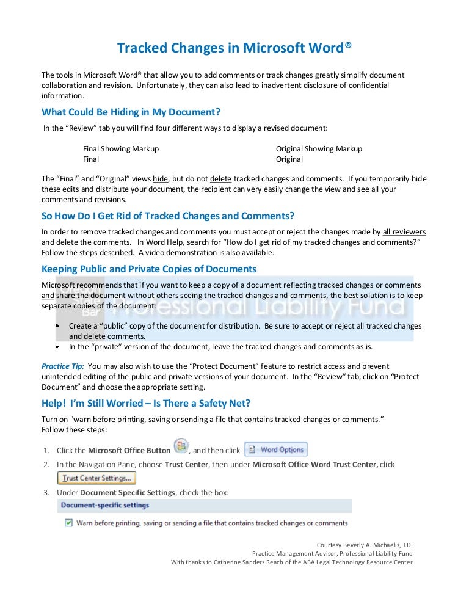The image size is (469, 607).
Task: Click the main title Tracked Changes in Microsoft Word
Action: (x=234, y=48)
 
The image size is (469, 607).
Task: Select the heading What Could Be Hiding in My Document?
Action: (x=131, y=112)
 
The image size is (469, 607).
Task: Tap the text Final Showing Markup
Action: (x=121, y=148)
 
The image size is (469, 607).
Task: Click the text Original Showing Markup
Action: (x=319, y=148)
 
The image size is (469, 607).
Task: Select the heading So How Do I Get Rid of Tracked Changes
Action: (x=168, y=216)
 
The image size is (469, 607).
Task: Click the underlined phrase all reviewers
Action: (x=404, y=232)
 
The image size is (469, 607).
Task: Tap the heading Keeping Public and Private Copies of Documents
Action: (x=148, y=269)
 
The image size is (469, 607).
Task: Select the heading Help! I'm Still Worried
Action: (x=146, y=403)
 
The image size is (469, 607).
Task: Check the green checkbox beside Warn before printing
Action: (x=68, y=523)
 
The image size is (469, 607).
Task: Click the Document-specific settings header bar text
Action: (x=104, y=505)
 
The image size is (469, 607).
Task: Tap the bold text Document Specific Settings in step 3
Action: (x=125, y=492)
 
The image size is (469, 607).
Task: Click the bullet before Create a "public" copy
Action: (x=57, y=326)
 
